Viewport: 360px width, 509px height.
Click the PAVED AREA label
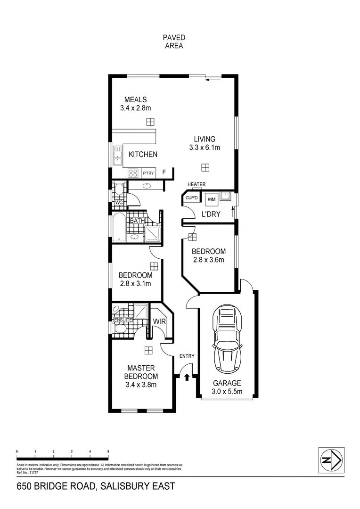point(173,42)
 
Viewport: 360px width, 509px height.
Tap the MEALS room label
point(135,99)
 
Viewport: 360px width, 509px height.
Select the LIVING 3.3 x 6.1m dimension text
point(205,148)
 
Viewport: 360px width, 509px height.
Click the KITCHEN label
point(143,154)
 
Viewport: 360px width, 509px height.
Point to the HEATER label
point(196,184)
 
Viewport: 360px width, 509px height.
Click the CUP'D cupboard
point(192,198)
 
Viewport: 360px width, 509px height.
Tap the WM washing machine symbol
point(211,199)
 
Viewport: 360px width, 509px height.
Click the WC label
point(119,203)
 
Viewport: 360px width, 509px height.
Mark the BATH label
point(137,221)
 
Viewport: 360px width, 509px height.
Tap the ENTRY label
point(187,356)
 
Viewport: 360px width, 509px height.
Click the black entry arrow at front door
point(187,377)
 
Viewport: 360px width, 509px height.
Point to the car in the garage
point(228,338)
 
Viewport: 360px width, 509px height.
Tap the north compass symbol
point(331,459)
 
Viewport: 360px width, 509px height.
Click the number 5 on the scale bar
point(108,451)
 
